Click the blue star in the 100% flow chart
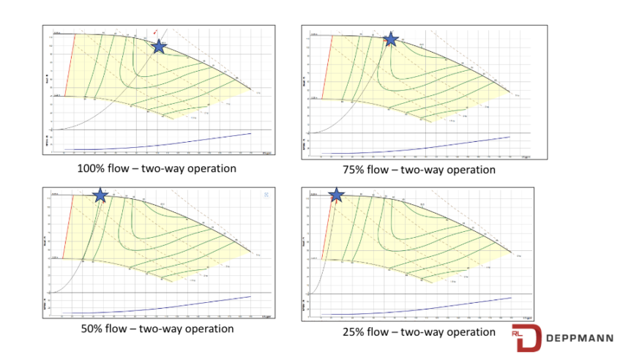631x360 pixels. (159, 46)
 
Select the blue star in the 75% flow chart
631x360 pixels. (392, 39)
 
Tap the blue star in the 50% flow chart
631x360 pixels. (100, 195)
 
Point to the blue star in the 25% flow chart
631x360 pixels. (336, 195)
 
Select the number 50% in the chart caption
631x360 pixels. (93, 329)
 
